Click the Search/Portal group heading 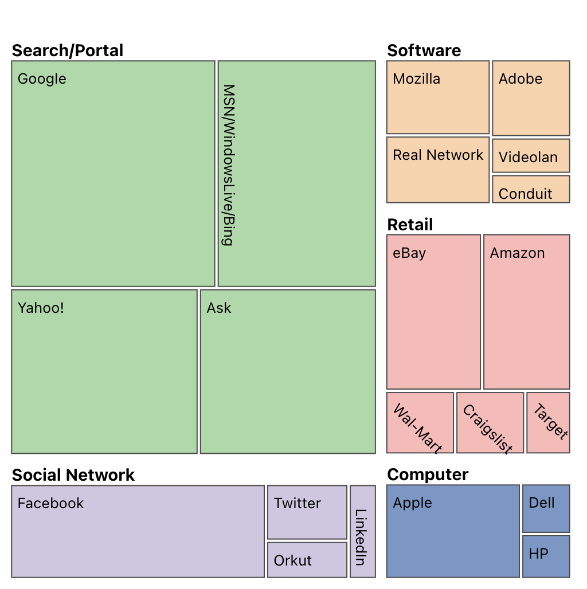pos(68,50)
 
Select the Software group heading pos(424,50)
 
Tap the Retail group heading pos(410,225)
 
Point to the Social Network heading pos(73,475)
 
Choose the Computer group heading pos(428,474)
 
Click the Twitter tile pos(307,512)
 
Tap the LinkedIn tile pos(362,531)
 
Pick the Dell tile pos(546,508)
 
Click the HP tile pos(546,556)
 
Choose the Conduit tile pos(531,190)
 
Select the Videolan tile pos(531,156)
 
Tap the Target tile pos(548,423)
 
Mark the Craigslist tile pos(490,423)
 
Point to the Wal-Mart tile pos(420,423)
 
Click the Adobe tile pos(531,98)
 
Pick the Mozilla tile pos(438,97)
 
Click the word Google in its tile pos(42,79)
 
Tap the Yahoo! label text pos(41,308)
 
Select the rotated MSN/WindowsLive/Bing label pos(228,165)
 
